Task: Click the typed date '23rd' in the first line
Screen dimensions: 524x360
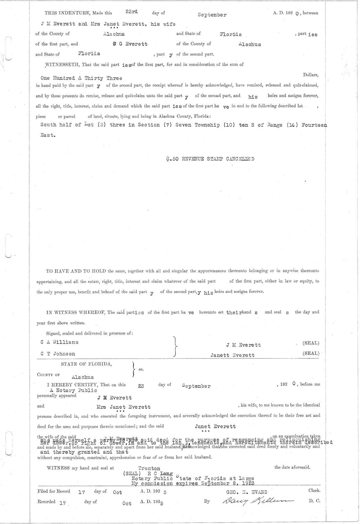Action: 132,12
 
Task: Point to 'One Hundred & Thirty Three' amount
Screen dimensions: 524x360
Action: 81,78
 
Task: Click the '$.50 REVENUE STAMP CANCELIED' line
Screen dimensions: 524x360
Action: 210,159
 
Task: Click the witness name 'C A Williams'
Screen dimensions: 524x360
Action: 59,342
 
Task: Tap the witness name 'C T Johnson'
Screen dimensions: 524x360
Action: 58,354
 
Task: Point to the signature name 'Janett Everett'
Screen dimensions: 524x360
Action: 232,355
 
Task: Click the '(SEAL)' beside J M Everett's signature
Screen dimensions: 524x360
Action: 311,343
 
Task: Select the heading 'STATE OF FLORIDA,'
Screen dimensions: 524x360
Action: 86,364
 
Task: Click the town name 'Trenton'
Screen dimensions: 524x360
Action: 149,468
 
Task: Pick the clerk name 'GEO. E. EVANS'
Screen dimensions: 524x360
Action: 247,492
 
